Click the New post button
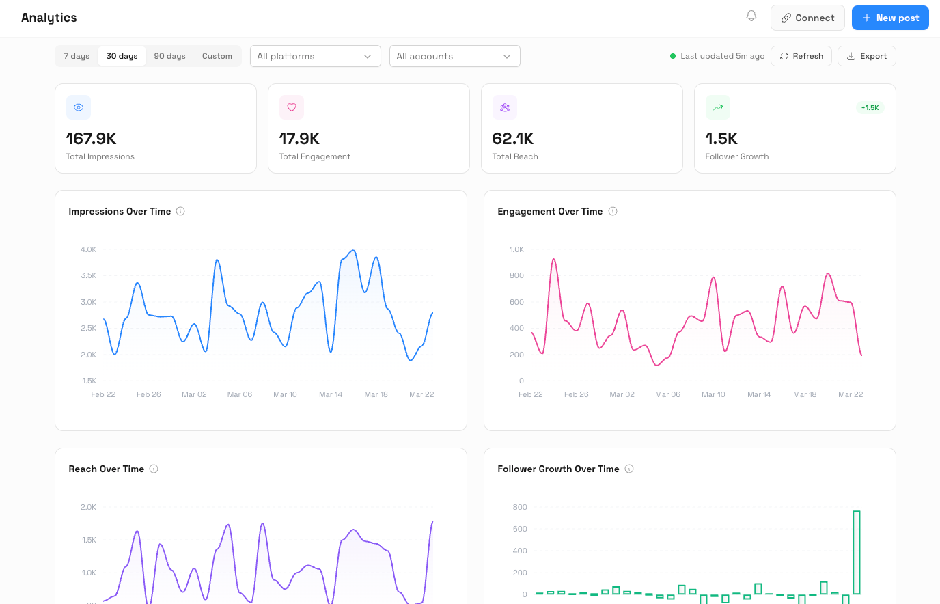click(889, 18)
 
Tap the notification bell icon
click(751, 16)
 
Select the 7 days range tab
click(77, 56)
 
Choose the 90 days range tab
click(169, 56)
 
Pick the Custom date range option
click(217, 56)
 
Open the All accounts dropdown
click(454, 56)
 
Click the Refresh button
click(801, 56)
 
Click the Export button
click(866, 56)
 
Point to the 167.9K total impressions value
click(91, 139)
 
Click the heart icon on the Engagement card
click(292, 107)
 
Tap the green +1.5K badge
click(870, 108)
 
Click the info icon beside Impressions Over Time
click(180, 211)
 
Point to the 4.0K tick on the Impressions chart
click(88, 249)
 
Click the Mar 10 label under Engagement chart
click(713, 394)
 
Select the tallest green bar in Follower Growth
click(856, 552)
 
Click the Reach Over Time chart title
click(106, 469)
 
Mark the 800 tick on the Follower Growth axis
click(520, 507)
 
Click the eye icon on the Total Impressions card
click(79, 107)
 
